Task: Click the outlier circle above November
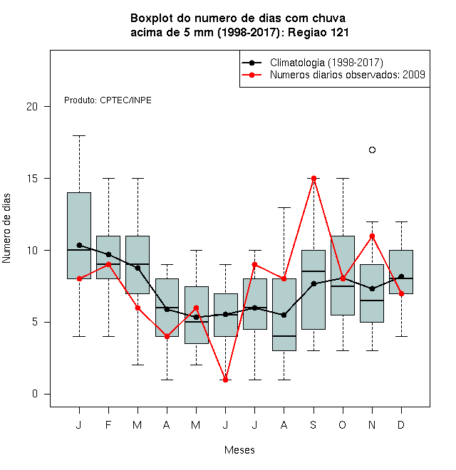point(372,150)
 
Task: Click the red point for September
point(313,178)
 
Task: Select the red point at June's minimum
point(226,380)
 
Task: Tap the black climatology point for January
point(79,245)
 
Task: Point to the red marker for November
point(372,236)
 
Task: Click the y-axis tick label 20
point(32,106)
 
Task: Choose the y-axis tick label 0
point(35,394)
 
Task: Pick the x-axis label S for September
point(313,424)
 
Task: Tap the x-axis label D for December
point(401,424)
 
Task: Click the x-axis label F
point(108,424)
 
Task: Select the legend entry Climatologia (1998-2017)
point(326,63)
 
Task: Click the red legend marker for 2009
point(252,75)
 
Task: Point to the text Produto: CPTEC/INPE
point(108,100)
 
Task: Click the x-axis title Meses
point(239,450)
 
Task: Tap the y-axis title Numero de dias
point(6,229)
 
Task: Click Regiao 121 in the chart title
point(318,32)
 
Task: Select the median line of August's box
point(284,336)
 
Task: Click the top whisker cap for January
point(79,135)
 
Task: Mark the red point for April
point(167,337)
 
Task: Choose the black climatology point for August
point(284,315)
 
